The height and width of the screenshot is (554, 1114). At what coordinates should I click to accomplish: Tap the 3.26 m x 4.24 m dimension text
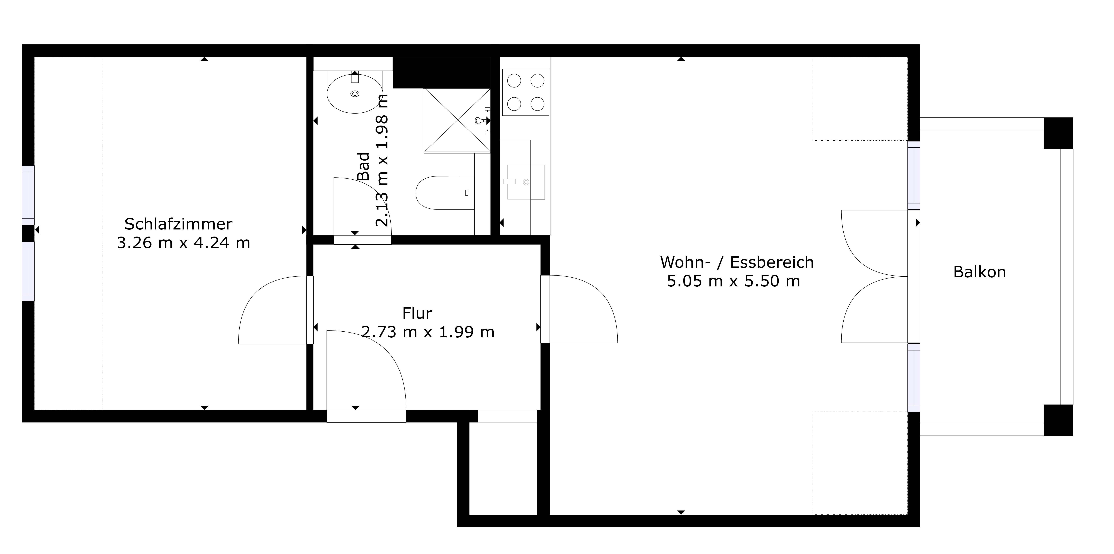pos(183,243)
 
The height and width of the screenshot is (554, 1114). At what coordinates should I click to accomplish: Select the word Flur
pos(417,313)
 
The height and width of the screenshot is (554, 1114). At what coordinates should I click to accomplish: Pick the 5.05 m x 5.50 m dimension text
pos(733,281)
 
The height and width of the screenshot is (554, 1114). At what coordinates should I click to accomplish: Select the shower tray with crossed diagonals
pos(457,120)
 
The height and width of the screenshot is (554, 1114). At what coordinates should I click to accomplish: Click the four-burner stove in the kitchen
pos(525,92)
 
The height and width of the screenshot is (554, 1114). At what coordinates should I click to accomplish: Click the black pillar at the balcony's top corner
pos(1058,133)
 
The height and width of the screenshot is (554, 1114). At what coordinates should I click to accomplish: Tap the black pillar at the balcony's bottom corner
pos(1058,420)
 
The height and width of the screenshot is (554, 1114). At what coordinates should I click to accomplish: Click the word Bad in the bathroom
pos(364,166)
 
